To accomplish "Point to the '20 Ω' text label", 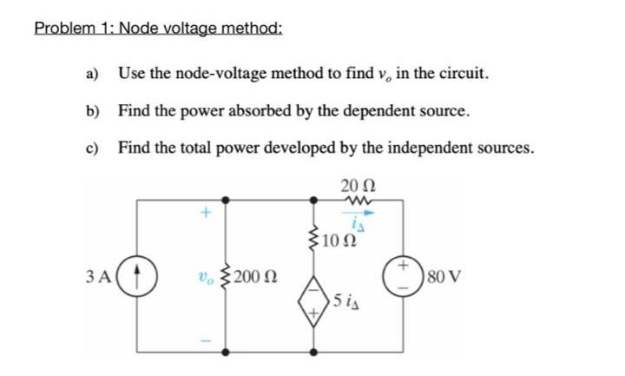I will point(357,185).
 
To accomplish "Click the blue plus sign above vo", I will point(206,211).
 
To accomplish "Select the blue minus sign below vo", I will point(206,340).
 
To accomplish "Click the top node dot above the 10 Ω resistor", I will point(312,199).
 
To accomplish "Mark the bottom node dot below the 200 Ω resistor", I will point(228,353).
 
